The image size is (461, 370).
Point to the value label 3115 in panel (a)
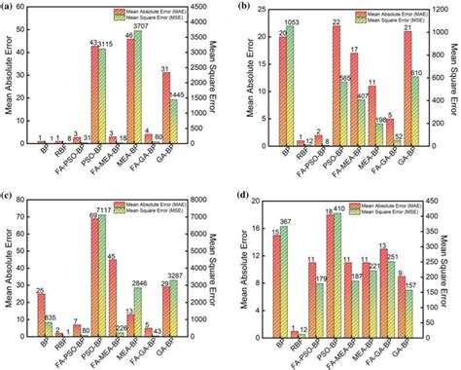106,44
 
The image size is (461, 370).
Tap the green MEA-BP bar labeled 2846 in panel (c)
138,311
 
